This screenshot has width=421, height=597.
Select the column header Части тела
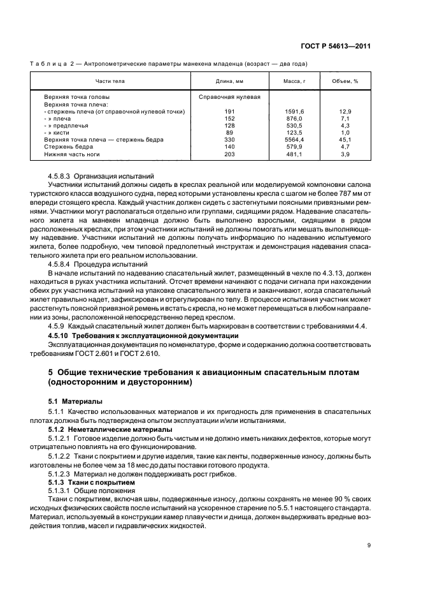[x=110, y=82]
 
